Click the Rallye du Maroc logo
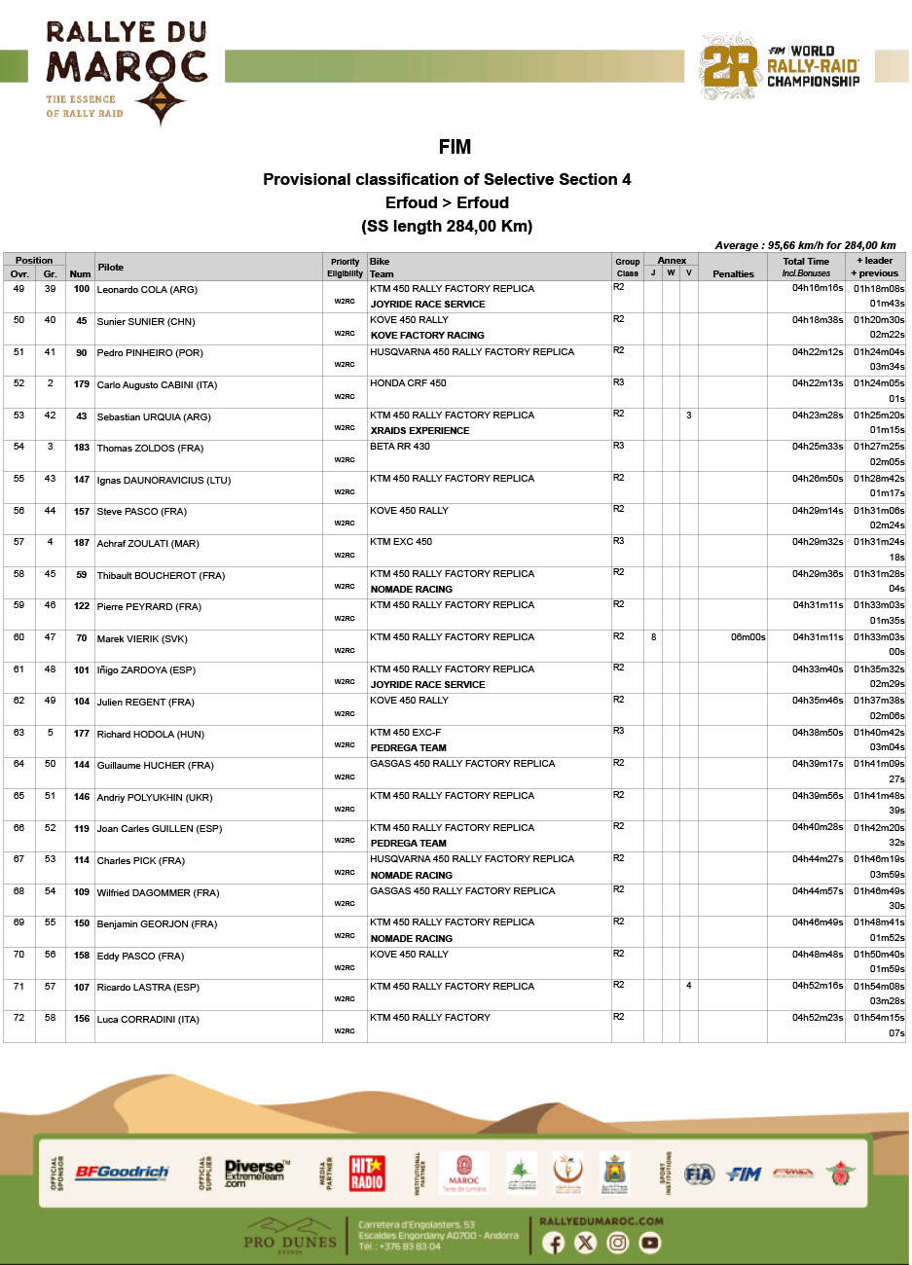(126, 72)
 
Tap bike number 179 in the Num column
(82, 384)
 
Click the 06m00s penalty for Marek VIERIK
(748, 637)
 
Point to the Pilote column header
(111, 267)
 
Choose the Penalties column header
(733, 274)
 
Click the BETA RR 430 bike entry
(400, 447)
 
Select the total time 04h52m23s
(818, 1018)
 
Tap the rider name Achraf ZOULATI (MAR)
(148, 543)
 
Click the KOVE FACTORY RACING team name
(427, 336)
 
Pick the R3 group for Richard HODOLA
(619, 731)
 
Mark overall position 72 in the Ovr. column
(18, 1018)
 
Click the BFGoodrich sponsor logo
(122, 1173)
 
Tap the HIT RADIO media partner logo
(367, 1173)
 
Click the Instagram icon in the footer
(618, 1243)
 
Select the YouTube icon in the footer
(650, 1243)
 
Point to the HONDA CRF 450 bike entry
(408, 383)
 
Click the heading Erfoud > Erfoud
(447, 202)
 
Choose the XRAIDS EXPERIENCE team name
(420, 430)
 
